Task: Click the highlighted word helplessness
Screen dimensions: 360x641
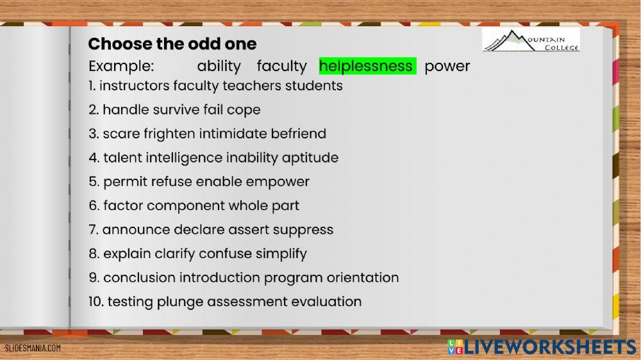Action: click(366, 66)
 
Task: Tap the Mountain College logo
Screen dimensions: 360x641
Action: click(531, 40)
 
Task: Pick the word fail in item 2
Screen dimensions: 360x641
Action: click(213, 110)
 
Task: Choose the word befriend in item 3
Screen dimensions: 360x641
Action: click(299, 134)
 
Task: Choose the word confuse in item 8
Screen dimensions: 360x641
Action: click(225, 254)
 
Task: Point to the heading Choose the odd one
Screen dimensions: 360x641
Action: click(172, 44)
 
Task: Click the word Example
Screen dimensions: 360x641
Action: click(121, 66)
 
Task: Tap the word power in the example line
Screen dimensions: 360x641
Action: click(447, 66)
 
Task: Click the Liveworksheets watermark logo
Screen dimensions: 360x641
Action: click(542, 347)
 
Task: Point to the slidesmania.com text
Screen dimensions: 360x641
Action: click(33, 348)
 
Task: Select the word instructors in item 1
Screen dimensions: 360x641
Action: click(135, 85)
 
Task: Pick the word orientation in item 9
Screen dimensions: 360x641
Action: click(363, 277)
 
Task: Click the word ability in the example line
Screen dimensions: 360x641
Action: click(219, 66)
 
